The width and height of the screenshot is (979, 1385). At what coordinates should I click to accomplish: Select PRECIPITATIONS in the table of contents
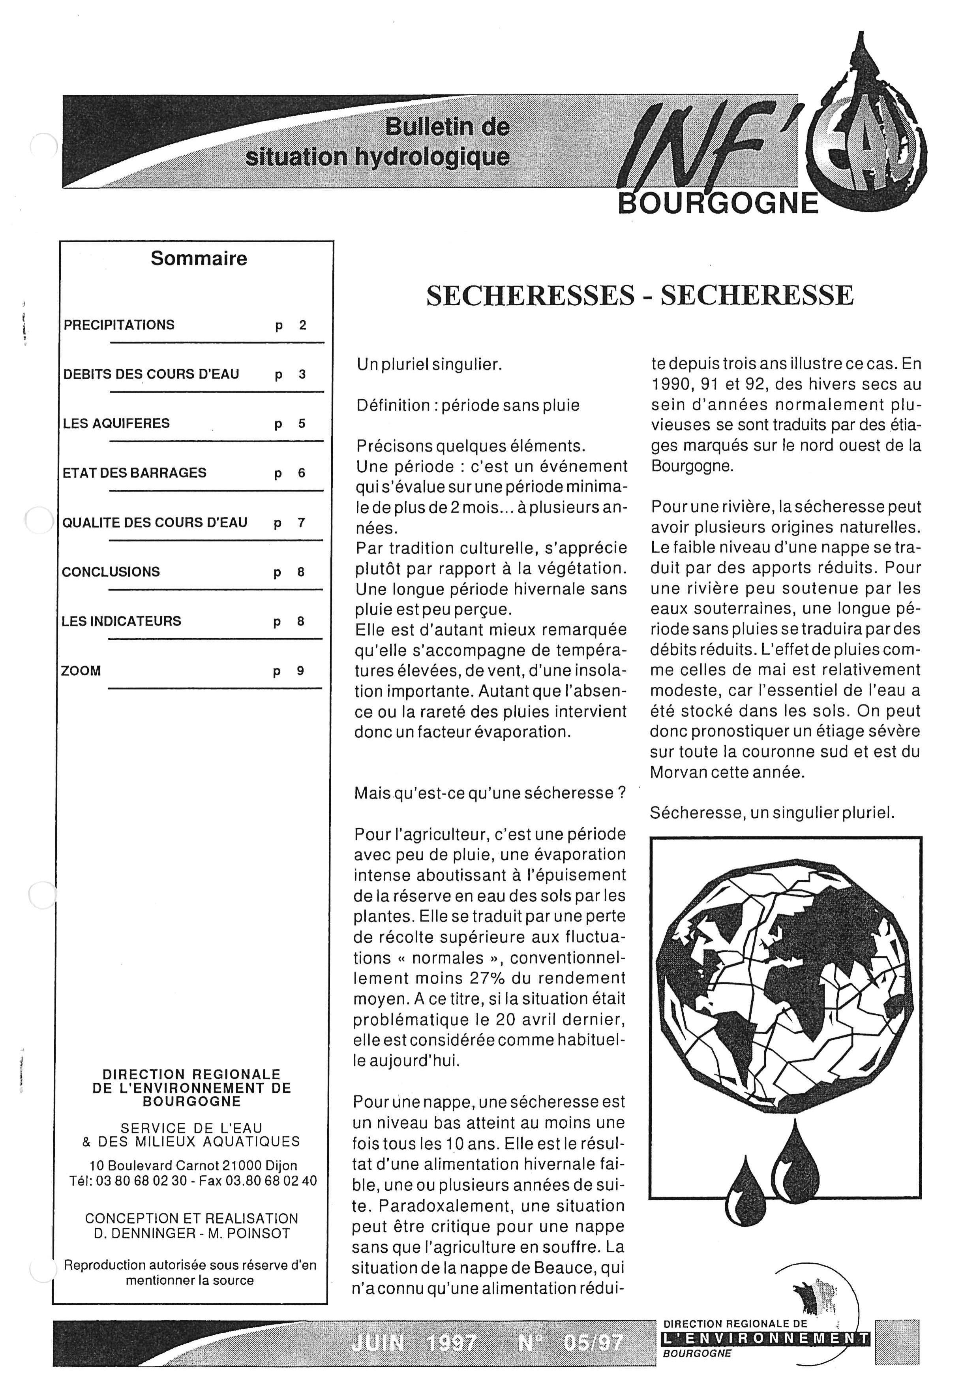point(119,325)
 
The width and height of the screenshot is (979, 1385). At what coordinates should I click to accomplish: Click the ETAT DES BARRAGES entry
point(135,473)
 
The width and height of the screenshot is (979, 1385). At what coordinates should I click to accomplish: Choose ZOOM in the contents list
point(81,671)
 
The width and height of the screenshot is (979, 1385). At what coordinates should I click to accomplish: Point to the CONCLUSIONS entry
point(111,572)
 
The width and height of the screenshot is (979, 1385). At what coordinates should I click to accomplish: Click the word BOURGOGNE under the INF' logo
point(718,204)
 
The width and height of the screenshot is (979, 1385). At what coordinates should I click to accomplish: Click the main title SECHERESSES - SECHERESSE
point(640,295)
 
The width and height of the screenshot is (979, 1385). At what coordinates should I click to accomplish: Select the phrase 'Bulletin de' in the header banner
point(447,127)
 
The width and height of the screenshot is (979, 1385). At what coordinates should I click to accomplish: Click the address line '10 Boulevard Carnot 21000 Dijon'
point(193,1166)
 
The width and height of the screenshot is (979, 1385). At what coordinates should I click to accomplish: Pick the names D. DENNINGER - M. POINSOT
point(192,1234)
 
